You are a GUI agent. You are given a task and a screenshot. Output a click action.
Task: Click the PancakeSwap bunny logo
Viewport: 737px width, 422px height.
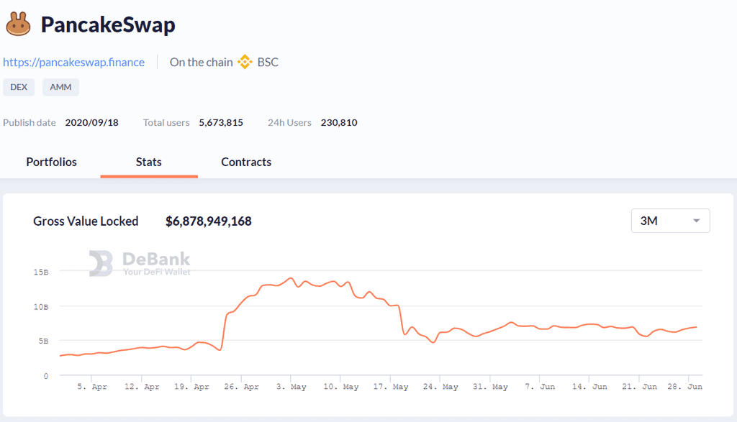click(x=18, y=24)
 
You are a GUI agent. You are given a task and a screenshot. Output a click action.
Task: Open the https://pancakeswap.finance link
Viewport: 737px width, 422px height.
click(x=74, y=63)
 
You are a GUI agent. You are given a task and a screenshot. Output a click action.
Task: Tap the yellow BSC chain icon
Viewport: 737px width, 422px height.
click(x=245, y=62)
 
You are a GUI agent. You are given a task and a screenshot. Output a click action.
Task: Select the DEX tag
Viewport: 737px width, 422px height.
click(x=19, y=87)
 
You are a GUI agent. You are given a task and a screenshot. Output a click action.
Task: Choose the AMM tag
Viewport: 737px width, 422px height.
click(x=60, y=87)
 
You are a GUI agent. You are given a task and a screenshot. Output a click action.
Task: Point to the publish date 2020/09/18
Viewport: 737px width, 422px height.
click(x=91, y=122)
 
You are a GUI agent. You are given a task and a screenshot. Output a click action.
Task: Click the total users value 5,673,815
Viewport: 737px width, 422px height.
click(x=221, y=122)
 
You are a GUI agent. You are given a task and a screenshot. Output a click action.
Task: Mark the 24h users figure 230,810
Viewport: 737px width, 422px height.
click(x=339, y=122)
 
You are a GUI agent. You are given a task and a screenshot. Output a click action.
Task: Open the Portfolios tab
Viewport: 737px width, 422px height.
click(x=51, y=162)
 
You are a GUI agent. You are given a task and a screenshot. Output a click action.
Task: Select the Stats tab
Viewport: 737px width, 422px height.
click(x=148, y=162)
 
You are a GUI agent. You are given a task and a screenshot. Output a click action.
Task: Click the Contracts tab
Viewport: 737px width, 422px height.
click(x=246, y=162)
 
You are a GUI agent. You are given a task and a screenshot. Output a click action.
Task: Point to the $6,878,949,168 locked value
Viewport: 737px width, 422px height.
click(x=209, y=221)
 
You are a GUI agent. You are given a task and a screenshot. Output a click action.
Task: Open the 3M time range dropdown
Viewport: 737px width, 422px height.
click(x=670, y=221)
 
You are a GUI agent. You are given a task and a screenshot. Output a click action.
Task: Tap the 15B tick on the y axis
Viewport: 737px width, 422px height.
click(x=41, y=272)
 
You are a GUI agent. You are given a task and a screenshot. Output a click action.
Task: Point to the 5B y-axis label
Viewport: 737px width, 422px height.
click(x=44, y=341)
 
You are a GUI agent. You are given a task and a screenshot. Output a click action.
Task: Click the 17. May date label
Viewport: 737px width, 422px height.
click(x=391, y=387)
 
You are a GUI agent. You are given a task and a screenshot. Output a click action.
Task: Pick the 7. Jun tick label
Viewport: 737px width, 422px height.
click(x=540, y=387)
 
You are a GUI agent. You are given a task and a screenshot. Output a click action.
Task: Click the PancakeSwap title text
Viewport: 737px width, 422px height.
click(x=108, y=24)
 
